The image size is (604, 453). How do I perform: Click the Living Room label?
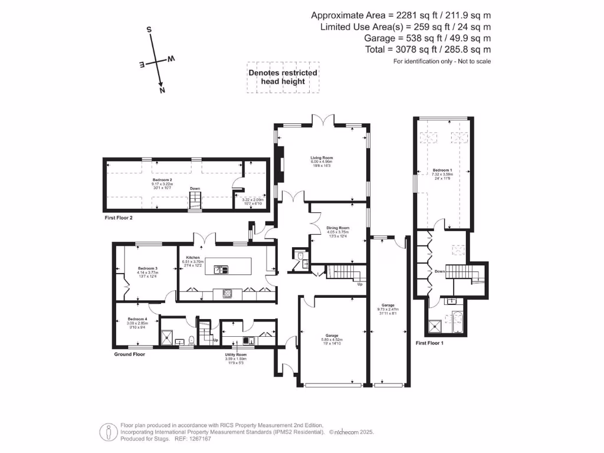pyautogui.click(x=323, y=157)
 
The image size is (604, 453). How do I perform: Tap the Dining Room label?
pyautogui.click(x=338, y=228)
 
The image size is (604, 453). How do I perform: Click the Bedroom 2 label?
pyautogui.click(x=162, y=179)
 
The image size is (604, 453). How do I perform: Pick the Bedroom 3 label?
pyautogui.click(x=147, y=268)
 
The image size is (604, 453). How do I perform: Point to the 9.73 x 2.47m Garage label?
pyautogui.click(x=388, y=305)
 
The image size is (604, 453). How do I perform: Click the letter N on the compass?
pyautogui.click(x=162, y=90)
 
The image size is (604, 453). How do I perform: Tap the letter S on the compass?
pyautogui.click(x=149, y=29)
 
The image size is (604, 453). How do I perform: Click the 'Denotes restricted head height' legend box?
pyautogui.click(x=283, y=77)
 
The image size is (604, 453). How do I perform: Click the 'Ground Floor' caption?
pyautogui.click(x=129, y=354)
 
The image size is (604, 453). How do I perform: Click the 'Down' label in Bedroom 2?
pyautogui.click(x=195, y=189)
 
